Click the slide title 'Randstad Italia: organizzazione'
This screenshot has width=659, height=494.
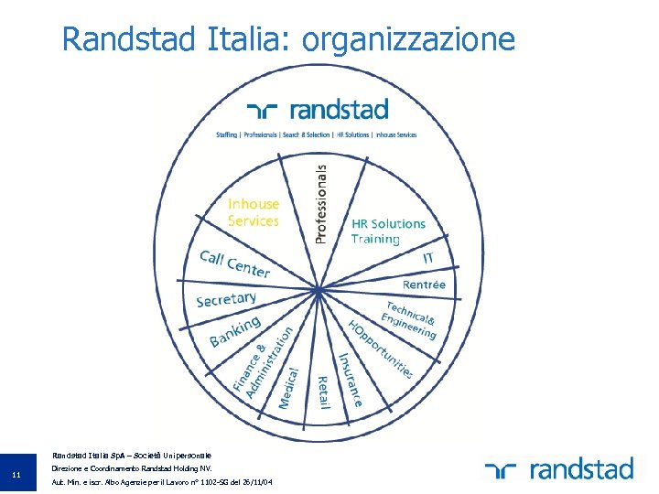pyautogui.click(x=288, y=39)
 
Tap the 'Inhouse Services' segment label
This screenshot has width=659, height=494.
pyautogui.click(x=254, y=212)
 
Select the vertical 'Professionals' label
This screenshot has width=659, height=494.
pyautogui.click(x=320, y=203)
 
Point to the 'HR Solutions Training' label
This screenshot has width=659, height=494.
pyautogui.click(x=388, y=231)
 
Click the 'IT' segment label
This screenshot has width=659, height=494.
pyautogui.click(x=428, y=258)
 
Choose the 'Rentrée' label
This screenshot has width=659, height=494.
pyautogui.click(x=424, y=285)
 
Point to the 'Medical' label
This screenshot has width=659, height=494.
pyautogui.click(x=288, y=387)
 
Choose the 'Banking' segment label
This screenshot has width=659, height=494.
pyautogui.click(x=235, y=331)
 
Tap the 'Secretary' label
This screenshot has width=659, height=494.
pyautogui.click(x=226, y=299)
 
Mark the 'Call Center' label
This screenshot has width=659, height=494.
pyautogui.click(x=235, y=263)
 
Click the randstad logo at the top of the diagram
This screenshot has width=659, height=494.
pyautogui.click(x=318, y=111)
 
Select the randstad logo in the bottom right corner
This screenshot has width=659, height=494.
pyautogui.click(x=559, y=469)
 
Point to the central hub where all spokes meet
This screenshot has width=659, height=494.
pyautogui.click(x=317, y=291)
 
